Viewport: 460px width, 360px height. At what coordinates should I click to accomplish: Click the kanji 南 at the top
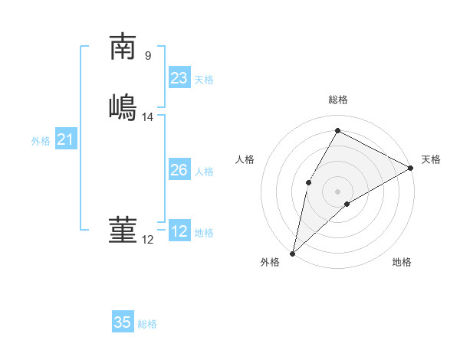pos(123,47)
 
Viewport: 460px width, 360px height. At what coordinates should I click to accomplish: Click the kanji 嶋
pos(123,106)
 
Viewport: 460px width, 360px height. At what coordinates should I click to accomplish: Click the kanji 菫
pos(123,230)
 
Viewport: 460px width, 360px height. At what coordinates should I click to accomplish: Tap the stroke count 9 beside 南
pos(148,55)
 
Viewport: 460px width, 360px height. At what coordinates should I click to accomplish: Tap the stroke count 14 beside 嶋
pos(148,117)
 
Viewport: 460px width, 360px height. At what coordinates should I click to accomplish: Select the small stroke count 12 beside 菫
pos(148,240)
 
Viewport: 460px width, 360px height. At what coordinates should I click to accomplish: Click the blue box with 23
pos(179,77)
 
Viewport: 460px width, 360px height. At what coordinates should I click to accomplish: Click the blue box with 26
pos(179,170)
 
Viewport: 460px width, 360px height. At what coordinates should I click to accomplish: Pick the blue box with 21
pos(66,139)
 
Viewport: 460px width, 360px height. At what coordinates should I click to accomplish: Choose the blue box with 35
pos(123,322)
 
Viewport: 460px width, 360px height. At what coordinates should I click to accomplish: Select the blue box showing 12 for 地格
pos(179,231)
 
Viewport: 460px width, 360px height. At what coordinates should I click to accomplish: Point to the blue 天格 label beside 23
pos(204,80)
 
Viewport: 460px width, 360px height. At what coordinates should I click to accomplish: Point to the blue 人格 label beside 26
pos(204,172)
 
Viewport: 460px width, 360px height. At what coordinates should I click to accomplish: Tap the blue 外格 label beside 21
pos(41,141)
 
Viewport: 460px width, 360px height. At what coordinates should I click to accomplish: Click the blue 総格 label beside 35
pos(147,324)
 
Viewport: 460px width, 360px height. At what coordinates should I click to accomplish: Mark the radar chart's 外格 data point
pos(292,253)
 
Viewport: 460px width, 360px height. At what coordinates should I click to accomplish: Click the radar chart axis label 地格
pos(402,263)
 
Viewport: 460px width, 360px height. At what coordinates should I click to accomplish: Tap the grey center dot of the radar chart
pos(337,191)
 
